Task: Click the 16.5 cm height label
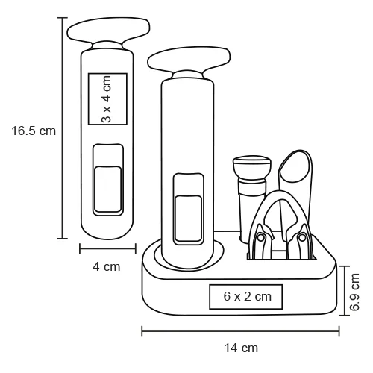pyautogui.click(x=34, y=131)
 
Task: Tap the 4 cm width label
pyautogui.click(x=107, y=266)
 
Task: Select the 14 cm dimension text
pyautogui.click(x=242, y=347)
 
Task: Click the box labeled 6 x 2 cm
pyautogui.click(x=246, y=296)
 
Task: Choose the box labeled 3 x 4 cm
pyautogui.click(x=107, y=98)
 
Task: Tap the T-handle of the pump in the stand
pyautogui.click(x=187, y=63)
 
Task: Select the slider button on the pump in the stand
pyautogui.click(x=187, y=216)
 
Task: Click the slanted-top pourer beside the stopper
pyautogui.click(x=298, y=172)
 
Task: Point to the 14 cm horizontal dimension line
pyautogui.click(x=241, y=331)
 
